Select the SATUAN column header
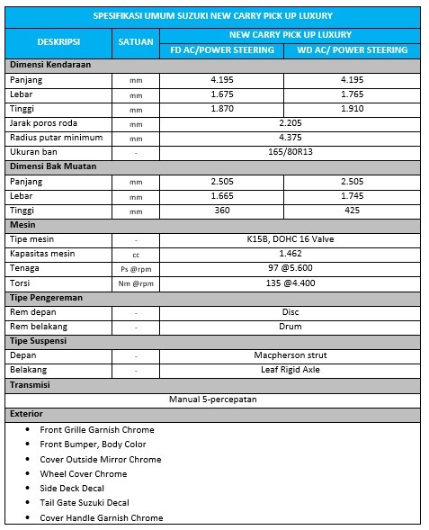point(136,41)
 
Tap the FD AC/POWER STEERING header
point(222,49)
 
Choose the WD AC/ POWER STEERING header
point(352,49)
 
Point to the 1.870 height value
point(222,108)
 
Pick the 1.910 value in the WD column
point(352,108)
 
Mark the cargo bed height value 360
point(222,210)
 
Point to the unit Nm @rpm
point(136,283)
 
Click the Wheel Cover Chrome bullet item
point(84,473)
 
